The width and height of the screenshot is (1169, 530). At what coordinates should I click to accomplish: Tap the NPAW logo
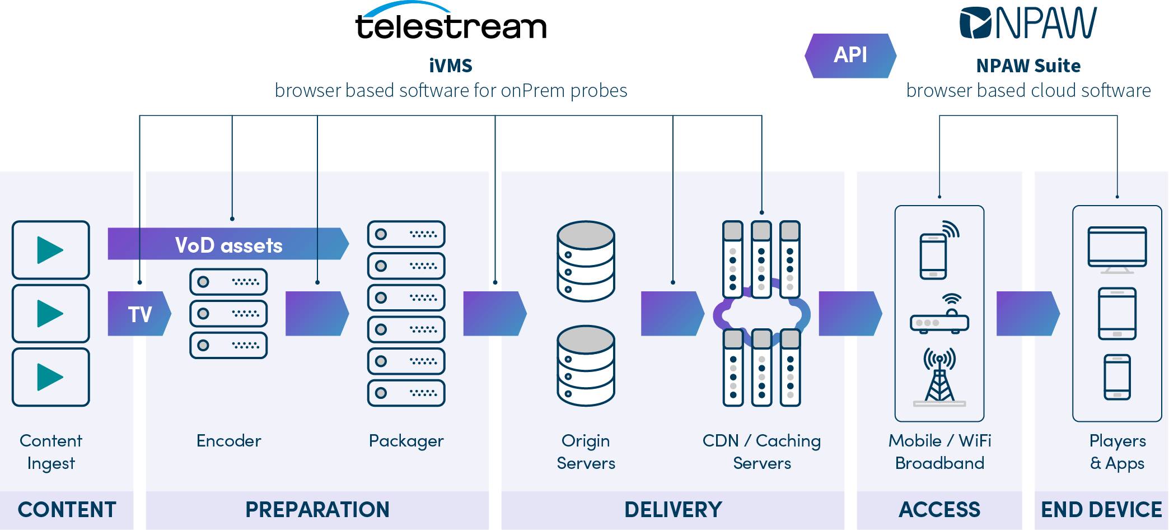pyautogui.click(x=1028, y=23)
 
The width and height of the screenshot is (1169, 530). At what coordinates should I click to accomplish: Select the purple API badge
pyautogui.click(x=850, y=55)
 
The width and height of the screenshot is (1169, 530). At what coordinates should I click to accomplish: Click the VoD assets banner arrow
pyautogui.click(x=228, y=244)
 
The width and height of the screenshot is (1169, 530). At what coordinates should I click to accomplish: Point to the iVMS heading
pyautogui.click(x=451, y=66)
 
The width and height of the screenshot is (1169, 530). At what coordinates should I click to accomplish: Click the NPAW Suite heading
pyautogui.click(x=1028, y=66)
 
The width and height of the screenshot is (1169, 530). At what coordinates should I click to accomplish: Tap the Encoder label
pyautogui.click(x=228, y=441)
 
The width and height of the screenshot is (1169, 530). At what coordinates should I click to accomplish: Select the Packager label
pyautogui.click(x=406, y=441)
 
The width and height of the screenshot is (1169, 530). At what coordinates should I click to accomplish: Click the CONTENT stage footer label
pyautogui.click(x=67, y=510)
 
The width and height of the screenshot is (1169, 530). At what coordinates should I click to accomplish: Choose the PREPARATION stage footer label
pyautogui.click(x=317, y=510)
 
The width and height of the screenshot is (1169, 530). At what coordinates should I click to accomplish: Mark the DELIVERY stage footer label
pyautogui.click(x=673, y=510)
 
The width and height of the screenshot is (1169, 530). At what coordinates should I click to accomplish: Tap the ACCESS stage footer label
pyautogui.click(x=939, y=510)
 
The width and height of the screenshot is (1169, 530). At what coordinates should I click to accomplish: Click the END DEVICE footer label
pyautogui.click(x=1101, y=510)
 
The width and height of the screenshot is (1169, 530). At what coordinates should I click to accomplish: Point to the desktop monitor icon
pyautogui.click(x=1117, y=250)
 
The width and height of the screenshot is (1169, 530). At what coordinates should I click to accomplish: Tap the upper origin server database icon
pyautogui.click(x=586, y=261)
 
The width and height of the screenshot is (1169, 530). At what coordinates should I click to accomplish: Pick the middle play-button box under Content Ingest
pyautogui.click(x=51, y=314)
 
